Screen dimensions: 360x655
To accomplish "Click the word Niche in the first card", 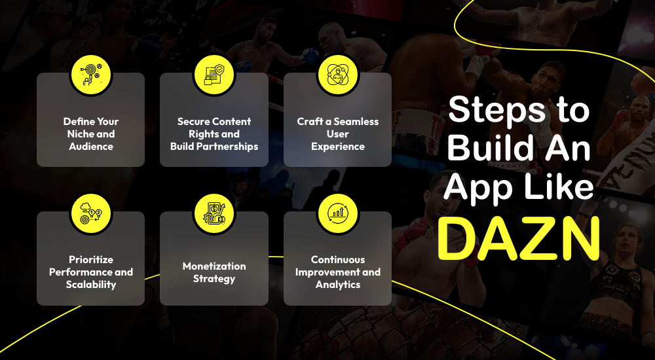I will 80,134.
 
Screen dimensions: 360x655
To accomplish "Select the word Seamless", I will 356,122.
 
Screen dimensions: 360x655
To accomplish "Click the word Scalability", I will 91,285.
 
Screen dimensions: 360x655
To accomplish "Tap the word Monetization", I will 214,266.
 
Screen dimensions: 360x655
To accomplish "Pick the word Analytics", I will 338,285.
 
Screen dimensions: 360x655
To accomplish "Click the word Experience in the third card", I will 337,147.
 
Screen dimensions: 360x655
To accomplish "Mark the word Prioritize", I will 91,260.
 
